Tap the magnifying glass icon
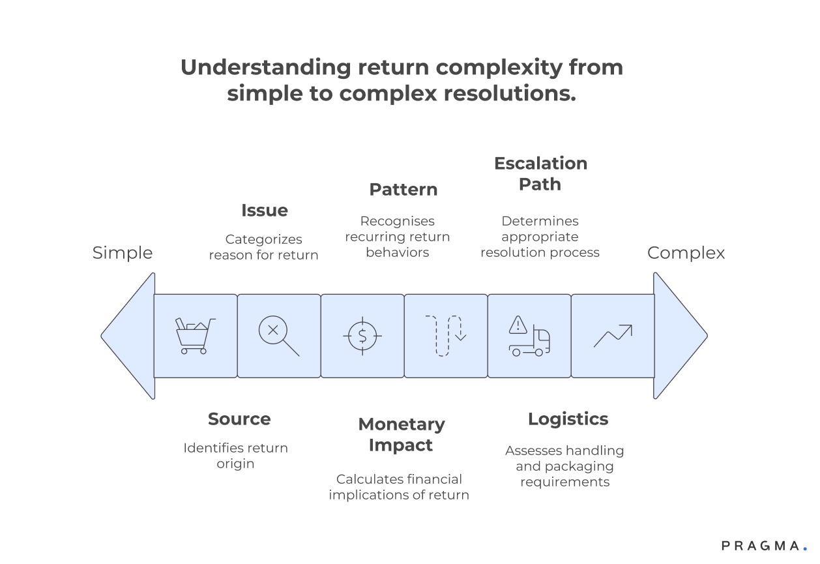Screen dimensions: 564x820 click(x=278, y=336)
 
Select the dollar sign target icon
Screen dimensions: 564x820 click(x=362, y=336)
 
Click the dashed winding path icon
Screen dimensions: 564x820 click(x=446, y=336)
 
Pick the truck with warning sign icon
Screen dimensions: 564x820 click(x=529, y=336)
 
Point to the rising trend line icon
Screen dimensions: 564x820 click(x=613, y=336)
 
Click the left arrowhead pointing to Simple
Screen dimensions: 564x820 click(x=129, y=336)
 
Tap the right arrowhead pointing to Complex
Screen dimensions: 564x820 click(x=679, y=336)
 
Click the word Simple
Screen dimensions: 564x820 click(x=123, y=253)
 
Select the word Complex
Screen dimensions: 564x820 click(x=686, y=253)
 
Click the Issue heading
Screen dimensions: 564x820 click(x=264, y=211)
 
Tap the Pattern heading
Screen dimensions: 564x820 click(x=403, y=190)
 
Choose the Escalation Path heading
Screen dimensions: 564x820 click(x=540, y=173)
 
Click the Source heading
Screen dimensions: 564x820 click(x=239, y=419)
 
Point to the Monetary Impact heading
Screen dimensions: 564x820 click(x=402, y=434)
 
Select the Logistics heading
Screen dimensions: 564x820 click(x=568, y=419)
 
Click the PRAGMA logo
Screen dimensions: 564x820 click(x=763, y=546)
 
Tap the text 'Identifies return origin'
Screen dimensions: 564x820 click(x=235, y=456)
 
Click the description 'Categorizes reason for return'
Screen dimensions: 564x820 click(x=263, y=247)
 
